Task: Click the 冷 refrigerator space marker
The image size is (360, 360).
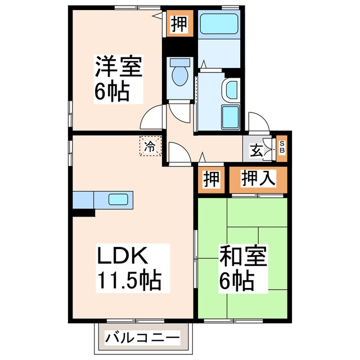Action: pos(150,147)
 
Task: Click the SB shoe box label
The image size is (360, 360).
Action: pos(282,147)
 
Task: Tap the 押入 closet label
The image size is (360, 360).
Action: pos(258,178)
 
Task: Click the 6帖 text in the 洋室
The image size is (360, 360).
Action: pos(112,91)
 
